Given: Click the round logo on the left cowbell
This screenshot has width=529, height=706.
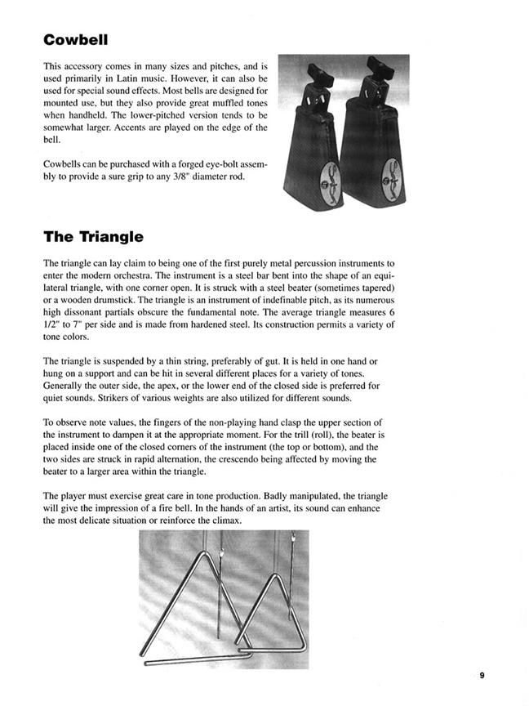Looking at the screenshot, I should [311, 175].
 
